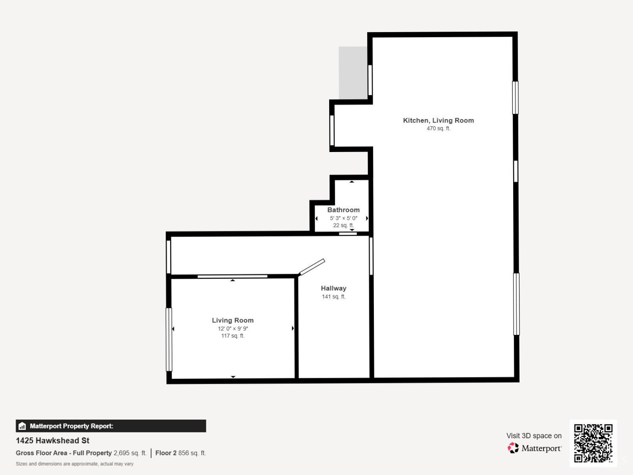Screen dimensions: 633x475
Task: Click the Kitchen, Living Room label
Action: pos(438,121)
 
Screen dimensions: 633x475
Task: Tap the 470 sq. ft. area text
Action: pos(438,128)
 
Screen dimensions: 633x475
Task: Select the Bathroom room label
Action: pos(344,210)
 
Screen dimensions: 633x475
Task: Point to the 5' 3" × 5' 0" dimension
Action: pos(344,218)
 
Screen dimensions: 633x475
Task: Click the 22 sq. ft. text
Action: pos(344,225)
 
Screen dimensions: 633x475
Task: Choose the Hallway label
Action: pos(334,288)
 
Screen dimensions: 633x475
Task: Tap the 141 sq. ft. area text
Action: pos(334,296)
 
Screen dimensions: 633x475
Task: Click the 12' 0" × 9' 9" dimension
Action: pos(233,328)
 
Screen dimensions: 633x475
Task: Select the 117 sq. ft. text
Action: pos(233,336)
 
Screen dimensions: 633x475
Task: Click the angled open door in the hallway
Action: pos(312,267)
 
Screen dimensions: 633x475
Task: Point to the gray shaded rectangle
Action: pos(353,73)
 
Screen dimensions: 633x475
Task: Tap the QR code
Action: pos(593,443)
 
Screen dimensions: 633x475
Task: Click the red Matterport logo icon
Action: pos(513,448)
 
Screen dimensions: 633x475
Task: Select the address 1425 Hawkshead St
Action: pos(52,441)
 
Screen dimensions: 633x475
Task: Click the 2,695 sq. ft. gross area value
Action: pos(130,453)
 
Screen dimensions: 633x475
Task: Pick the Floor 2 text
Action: pos(166,453)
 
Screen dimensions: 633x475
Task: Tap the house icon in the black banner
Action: pos(22,426)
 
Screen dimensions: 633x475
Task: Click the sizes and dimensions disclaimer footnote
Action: pos(75,464)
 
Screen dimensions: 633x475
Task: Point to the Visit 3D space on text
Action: pos(534,436)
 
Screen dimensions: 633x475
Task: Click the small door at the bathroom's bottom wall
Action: pos(348,233)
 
